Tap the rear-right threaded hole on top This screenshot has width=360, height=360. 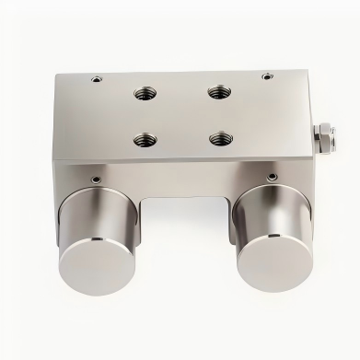pos(216,90)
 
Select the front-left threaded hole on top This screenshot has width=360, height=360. pos(145,140)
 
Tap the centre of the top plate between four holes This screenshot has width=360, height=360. pos(181,115)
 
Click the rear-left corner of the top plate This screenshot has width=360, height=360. pos(57,76)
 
